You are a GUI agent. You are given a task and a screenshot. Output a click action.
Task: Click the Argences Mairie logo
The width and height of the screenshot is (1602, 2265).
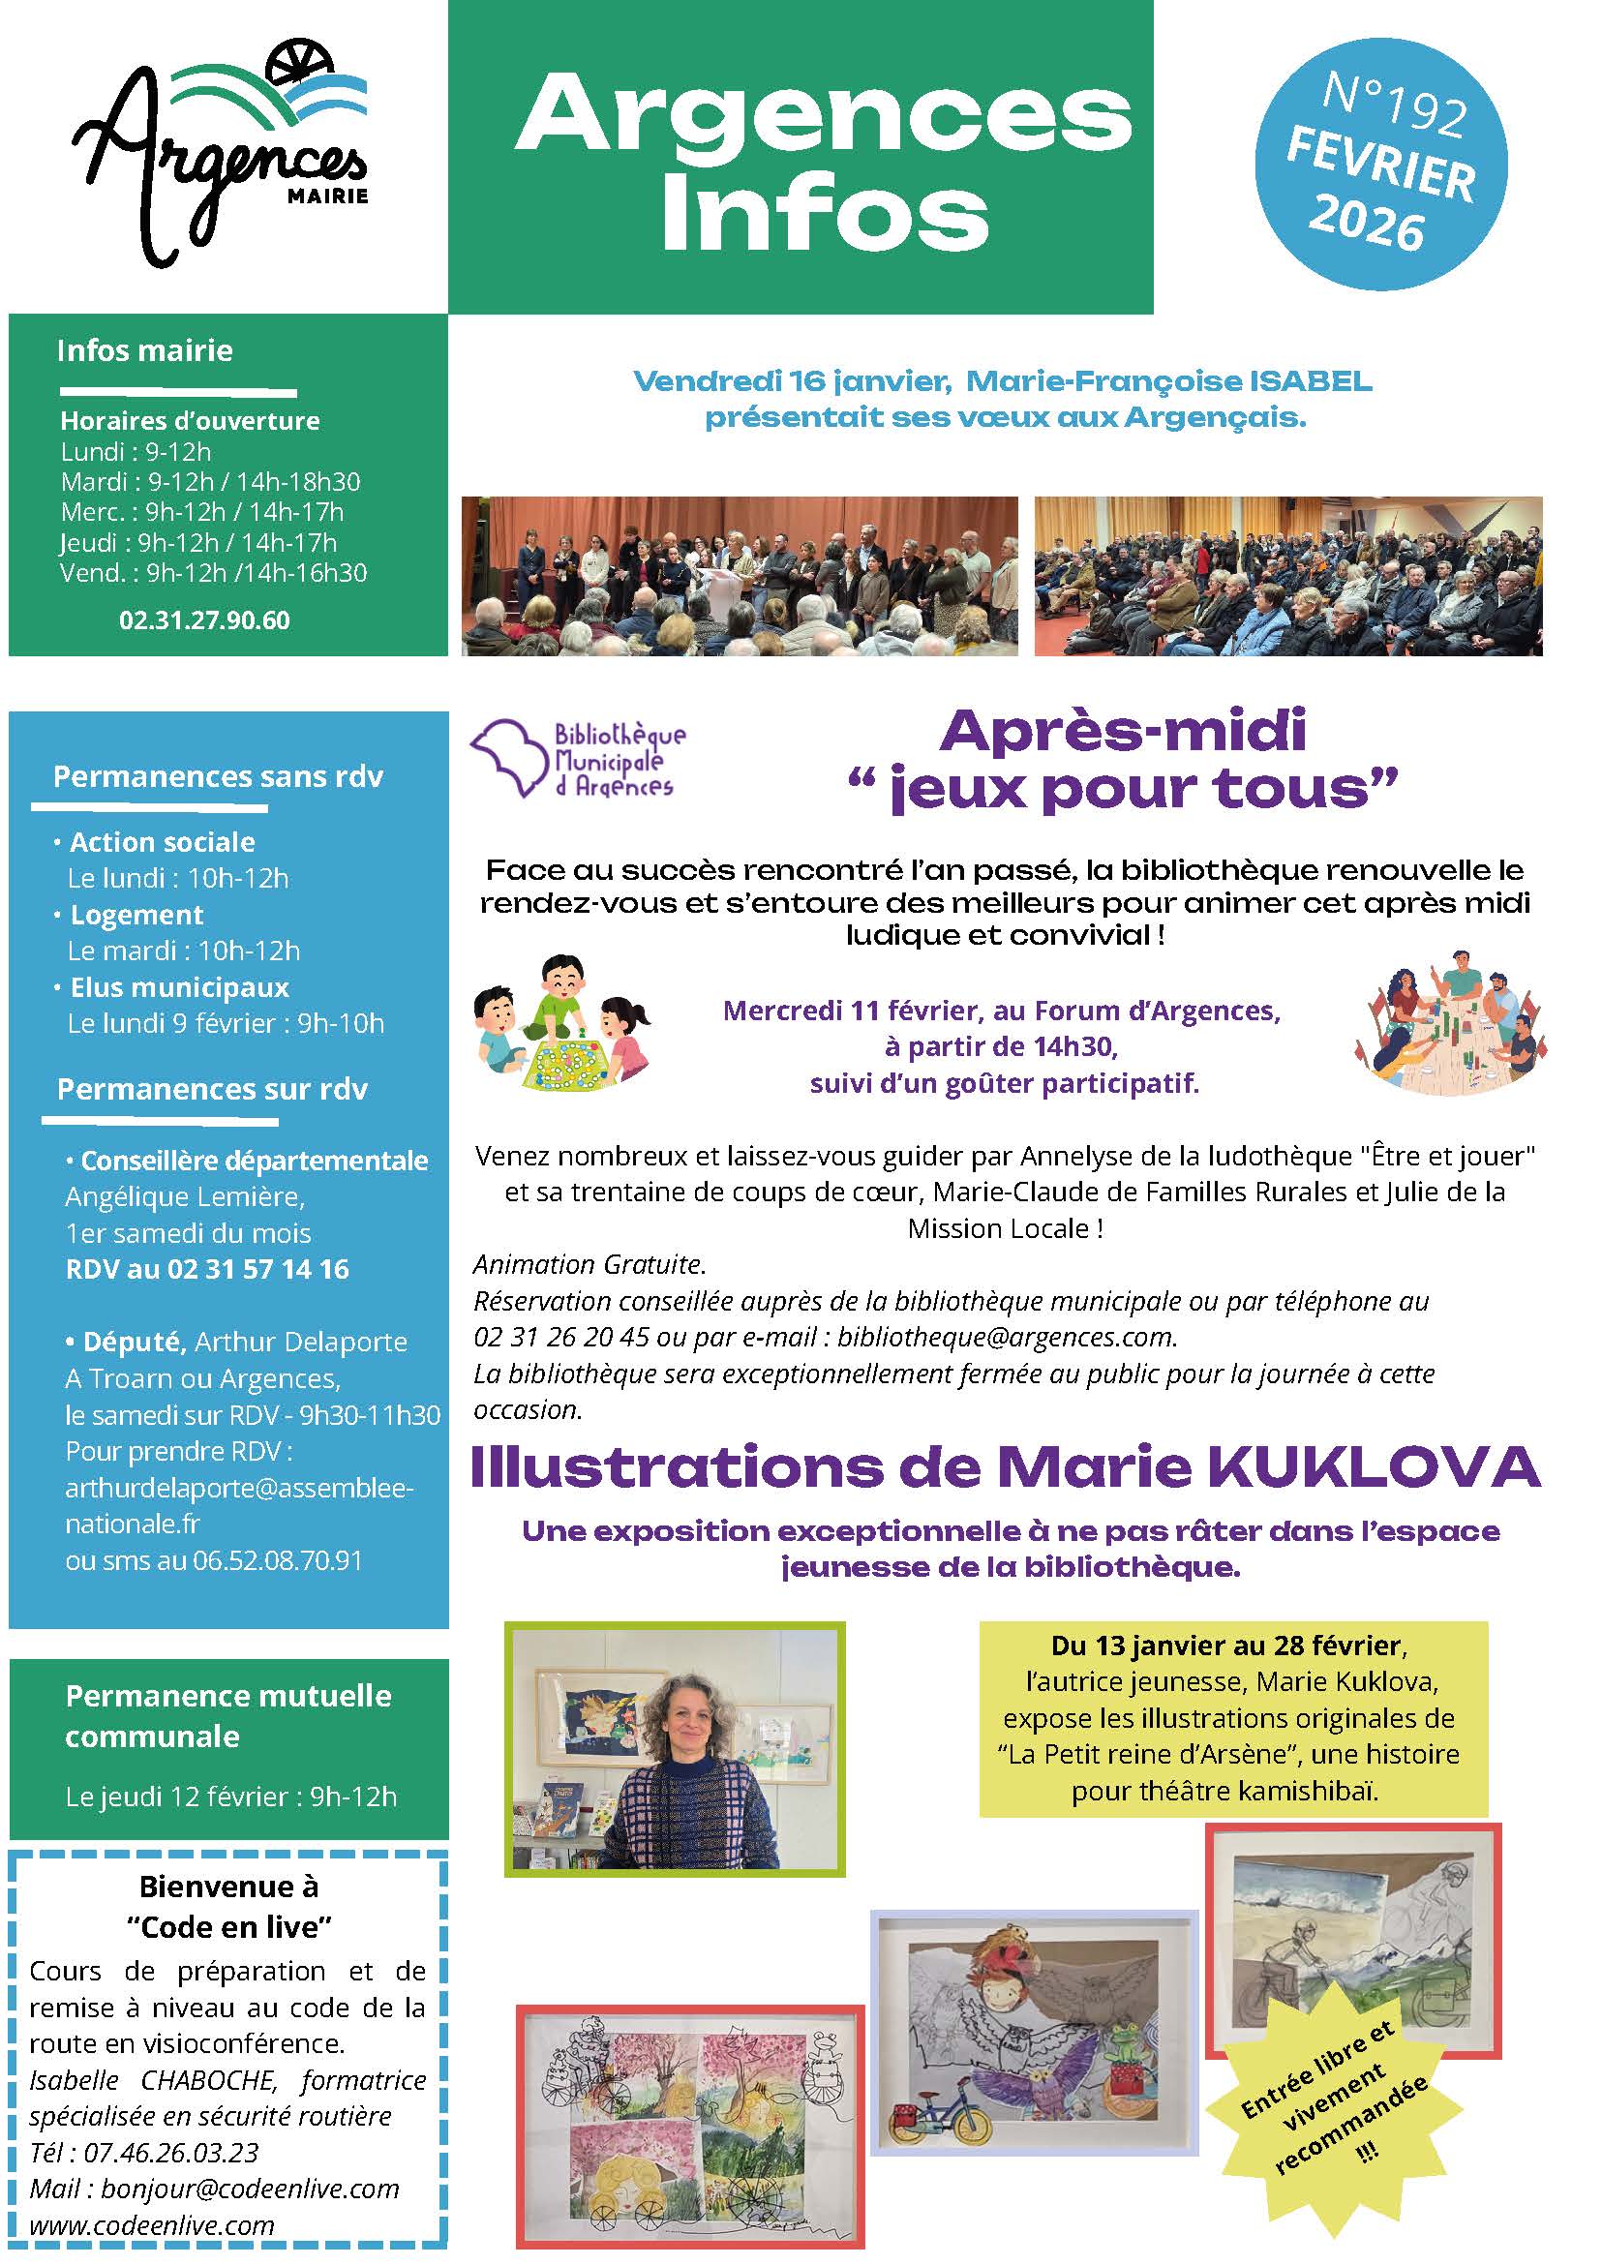222,158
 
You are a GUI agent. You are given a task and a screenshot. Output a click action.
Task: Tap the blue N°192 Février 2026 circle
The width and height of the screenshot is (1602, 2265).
1380,166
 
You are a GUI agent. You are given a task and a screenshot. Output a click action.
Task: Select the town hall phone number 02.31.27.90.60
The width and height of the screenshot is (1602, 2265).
204,620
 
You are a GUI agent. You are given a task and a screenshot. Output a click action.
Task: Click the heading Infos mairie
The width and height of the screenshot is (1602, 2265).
145,350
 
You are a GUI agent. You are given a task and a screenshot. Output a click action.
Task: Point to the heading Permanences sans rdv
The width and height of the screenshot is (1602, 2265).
218,776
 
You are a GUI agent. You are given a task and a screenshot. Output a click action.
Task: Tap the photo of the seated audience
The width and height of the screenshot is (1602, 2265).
1287,576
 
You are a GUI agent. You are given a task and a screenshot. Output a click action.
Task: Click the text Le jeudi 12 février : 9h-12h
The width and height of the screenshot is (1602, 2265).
230,1797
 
